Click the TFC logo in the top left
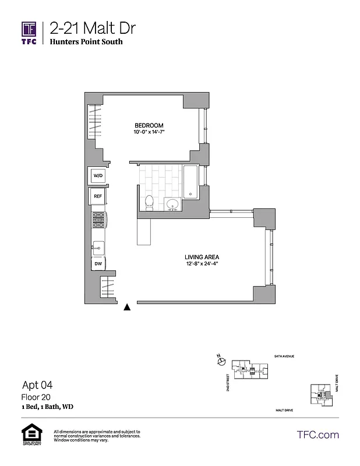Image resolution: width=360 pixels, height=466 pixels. tap(29, 33)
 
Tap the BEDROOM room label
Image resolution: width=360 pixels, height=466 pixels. tap(149, 126)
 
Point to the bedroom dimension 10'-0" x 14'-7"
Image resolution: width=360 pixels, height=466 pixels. tap(149, 133)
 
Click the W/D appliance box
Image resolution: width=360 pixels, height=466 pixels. tap(98, 176)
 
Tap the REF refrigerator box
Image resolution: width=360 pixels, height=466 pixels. tap(98, 197)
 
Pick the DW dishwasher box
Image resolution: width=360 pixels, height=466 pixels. tap(98, 264)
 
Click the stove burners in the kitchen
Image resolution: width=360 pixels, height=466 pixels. tap(98, 221)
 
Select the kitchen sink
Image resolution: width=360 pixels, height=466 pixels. tap(98, 248)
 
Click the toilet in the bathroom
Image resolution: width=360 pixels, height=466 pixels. tap(149, 203)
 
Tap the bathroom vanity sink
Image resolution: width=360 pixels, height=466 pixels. tap(172, 204)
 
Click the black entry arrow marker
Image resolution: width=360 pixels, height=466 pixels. tap(127, 308)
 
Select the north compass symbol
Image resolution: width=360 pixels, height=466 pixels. tap(221, 362)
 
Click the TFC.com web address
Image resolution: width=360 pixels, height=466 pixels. tap(317, 435)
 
